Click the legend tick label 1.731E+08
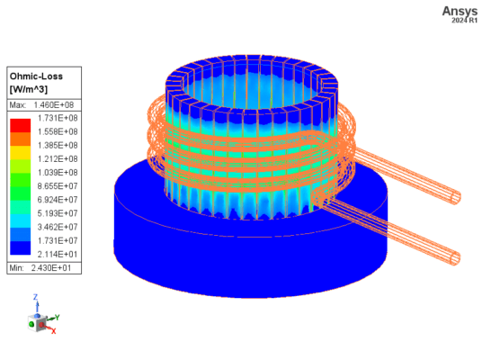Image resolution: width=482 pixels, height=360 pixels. [x=56, y=117]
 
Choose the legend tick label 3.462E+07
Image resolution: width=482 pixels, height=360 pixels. [x=56, y=228]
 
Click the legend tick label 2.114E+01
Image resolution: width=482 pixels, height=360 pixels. [x=56, y=256]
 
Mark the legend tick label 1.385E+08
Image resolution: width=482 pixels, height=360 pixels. [x=56, y=145]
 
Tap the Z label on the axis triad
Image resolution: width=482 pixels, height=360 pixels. [x=34, y=296]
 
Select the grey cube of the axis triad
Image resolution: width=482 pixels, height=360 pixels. [x=40, y=323]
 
